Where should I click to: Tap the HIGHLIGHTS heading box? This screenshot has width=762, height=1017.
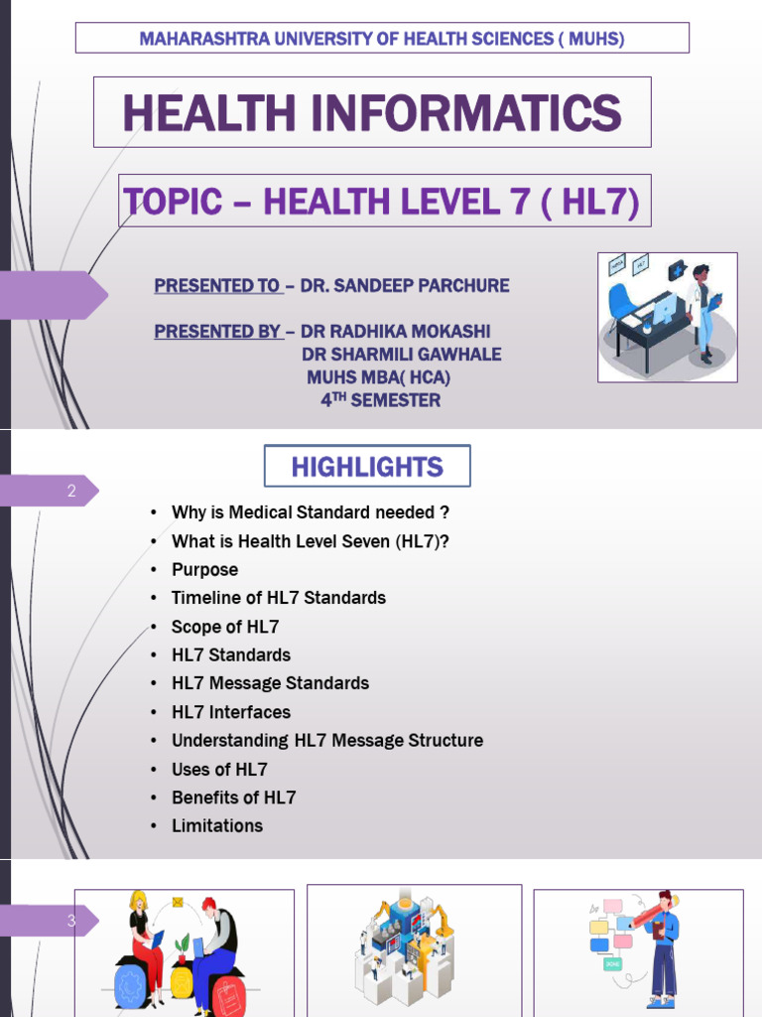pyautogui.click(x=367, y=467)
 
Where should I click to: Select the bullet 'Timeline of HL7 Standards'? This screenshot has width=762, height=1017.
pyautogui.click(x=278, y=598)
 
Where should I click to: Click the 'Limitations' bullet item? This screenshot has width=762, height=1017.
pyautogui.click(x=216, y=825)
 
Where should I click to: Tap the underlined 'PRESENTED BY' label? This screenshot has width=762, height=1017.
pyautogui.click(x=217, y=331)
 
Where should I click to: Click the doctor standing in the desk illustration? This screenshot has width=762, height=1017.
pyautogui.click(x=703, y=310)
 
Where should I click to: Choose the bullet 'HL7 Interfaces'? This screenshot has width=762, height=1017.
pyautogui.click(x=230, y=712)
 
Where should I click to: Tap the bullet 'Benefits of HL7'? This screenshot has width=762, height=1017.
pyautogui.click(x=233, y=798)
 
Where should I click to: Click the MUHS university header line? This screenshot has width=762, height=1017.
pyautogui.click(x=382, y=39)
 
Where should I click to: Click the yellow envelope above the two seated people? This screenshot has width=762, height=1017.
pyautogui.click(x=178, y=903)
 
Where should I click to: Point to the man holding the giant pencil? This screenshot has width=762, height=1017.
pyautogui.click(x=663, y=944)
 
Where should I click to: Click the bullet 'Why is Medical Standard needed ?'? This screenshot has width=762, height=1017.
pyautogui.click(x=310, y=512)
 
